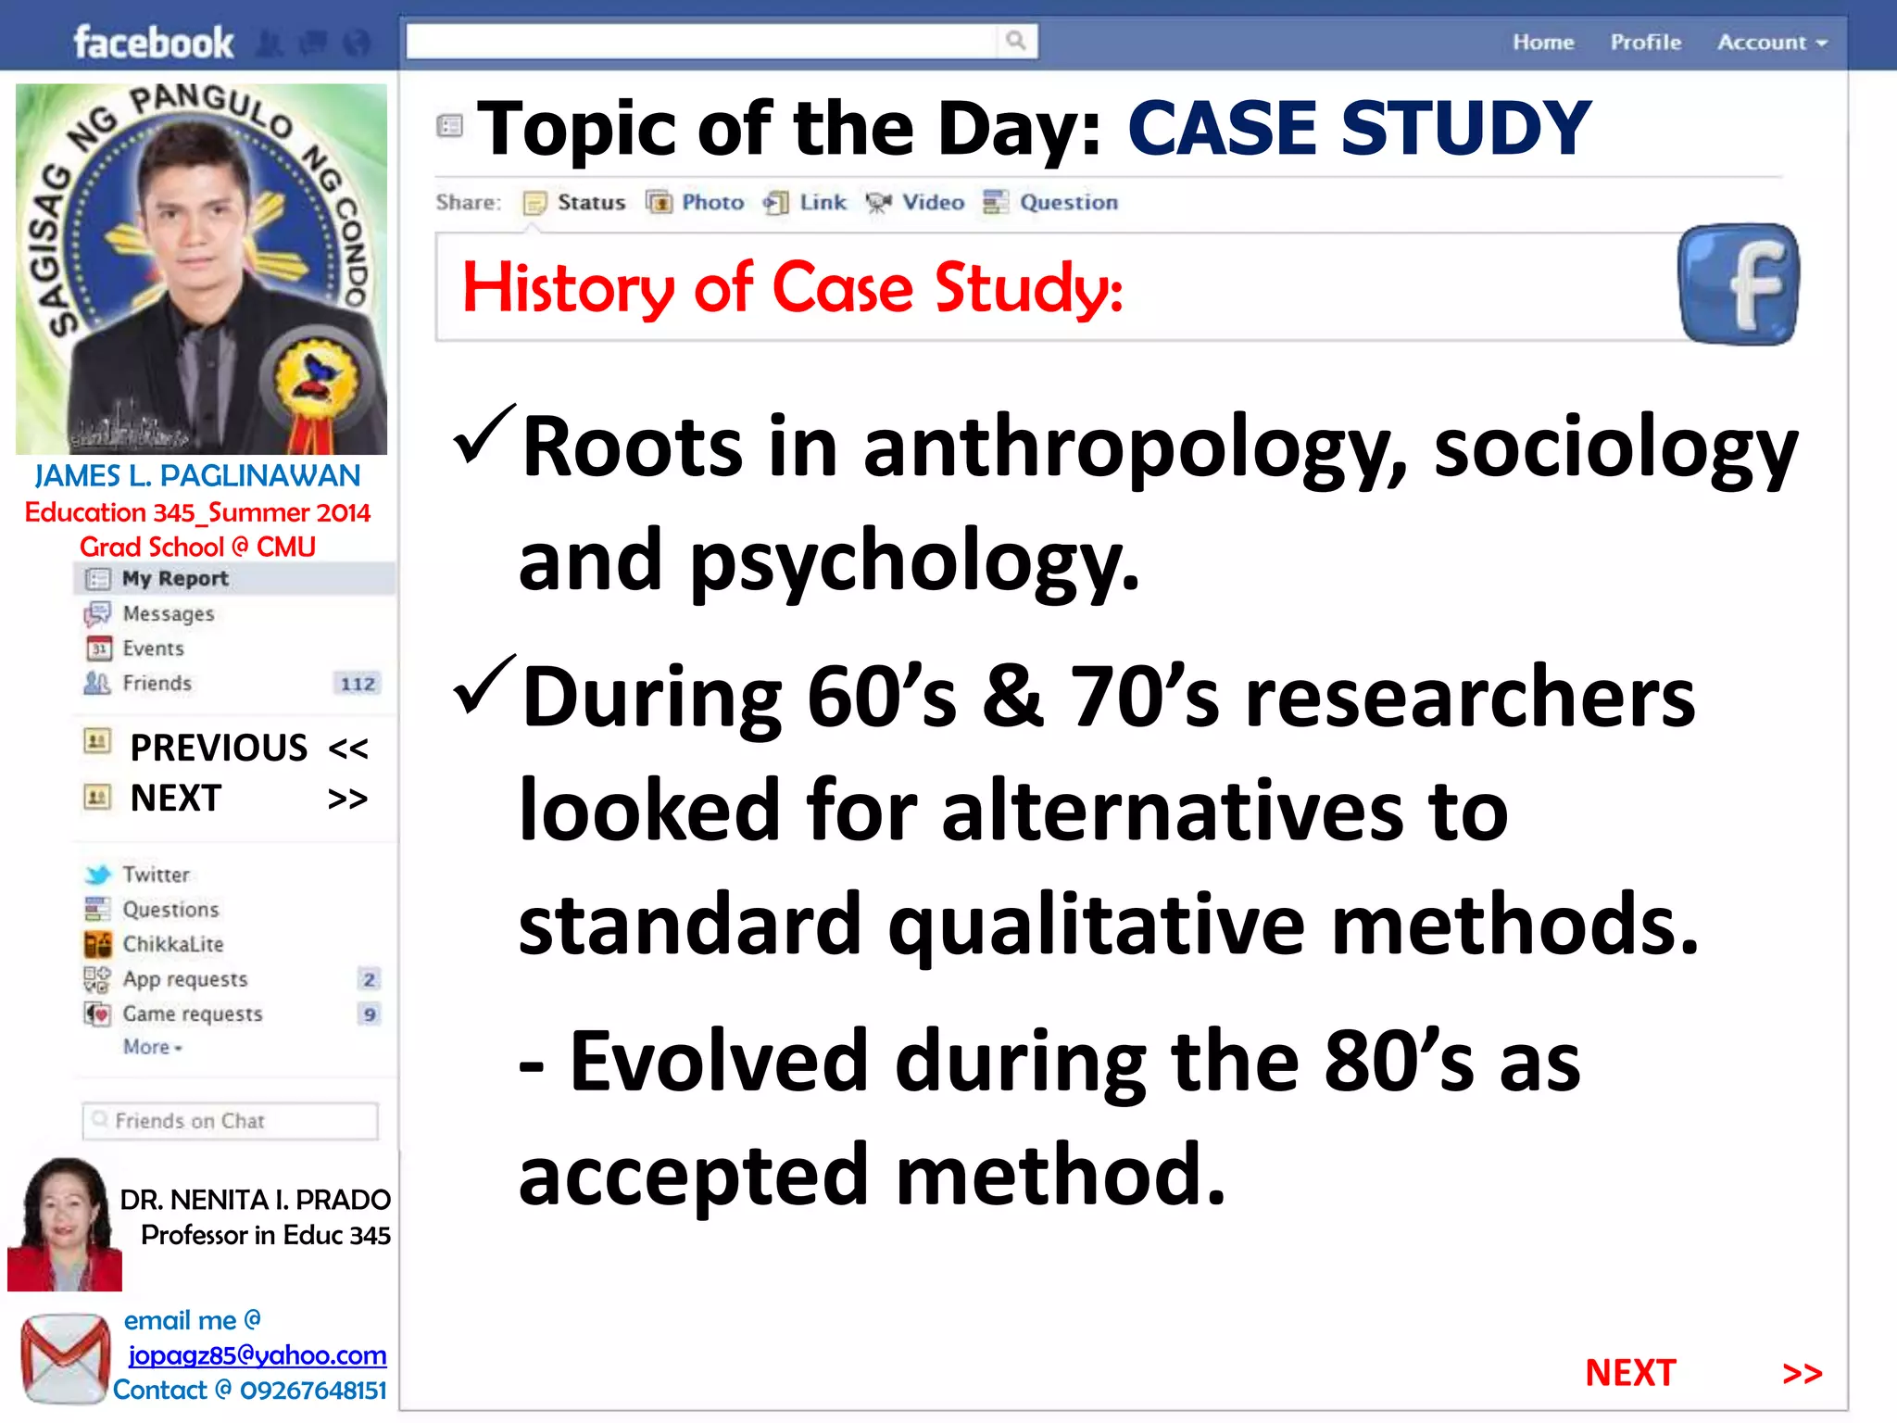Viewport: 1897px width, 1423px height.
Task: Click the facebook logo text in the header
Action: click(153, 43)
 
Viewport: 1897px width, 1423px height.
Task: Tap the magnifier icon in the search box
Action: click(1016, 41)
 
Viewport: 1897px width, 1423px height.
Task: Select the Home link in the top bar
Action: click(1543, 43)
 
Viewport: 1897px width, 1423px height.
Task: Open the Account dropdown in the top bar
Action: click(1771, 43)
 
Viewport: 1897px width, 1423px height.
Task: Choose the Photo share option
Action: click(711, 202)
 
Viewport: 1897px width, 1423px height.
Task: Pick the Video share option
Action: click(932, 202)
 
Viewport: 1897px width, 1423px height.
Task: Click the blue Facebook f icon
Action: click(1739, 284)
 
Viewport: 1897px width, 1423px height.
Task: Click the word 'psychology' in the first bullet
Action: click(913, 561)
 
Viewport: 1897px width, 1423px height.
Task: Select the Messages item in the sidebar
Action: click(168, 613)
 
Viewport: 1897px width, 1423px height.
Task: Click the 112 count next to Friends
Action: click(358, 684)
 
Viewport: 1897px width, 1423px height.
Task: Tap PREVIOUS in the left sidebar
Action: click(219, 748)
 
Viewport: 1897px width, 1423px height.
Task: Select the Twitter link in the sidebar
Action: click(156, 875)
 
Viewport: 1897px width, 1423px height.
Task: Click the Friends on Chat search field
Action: click(230, 1121)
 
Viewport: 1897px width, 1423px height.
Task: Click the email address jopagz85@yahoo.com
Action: click(257, 1355)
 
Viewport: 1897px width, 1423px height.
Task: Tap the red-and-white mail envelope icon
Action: click(64, 1358)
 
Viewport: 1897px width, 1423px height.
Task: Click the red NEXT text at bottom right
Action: click(1630, 1373)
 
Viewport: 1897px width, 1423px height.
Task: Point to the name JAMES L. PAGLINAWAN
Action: click(197, 475)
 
